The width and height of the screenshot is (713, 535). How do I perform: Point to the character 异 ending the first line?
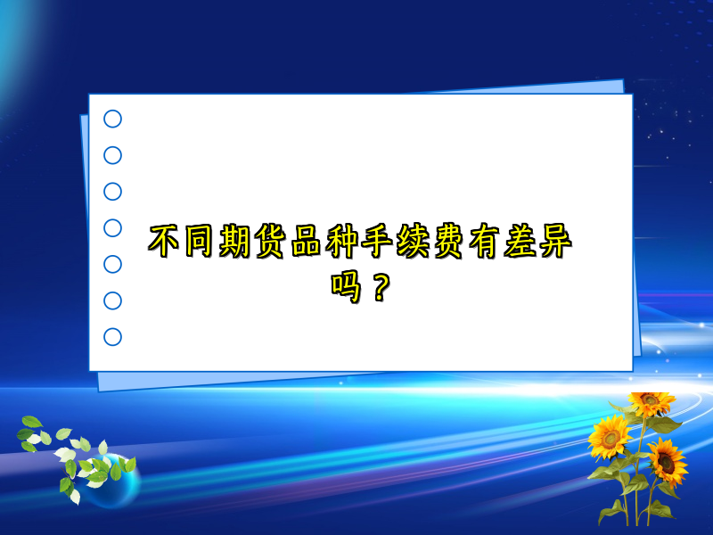pyautogui.click(x=553, y=242)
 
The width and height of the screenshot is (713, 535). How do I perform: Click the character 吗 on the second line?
pyautogui.click(x=346, y=287)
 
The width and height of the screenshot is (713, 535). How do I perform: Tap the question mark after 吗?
pyautogui.click(x=381, y=287)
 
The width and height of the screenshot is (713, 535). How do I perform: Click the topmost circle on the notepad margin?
pyautogui.click(x=113, y=119)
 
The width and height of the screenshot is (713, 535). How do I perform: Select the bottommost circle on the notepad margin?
pyautogui.click(x=113, y=337)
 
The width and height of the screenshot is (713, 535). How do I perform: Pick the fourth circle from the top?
pyautogui.click(x=113, y=228)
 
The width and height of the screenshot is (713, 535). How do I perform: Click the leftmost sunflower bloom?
pyautogui.click(x=610, y=436)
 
